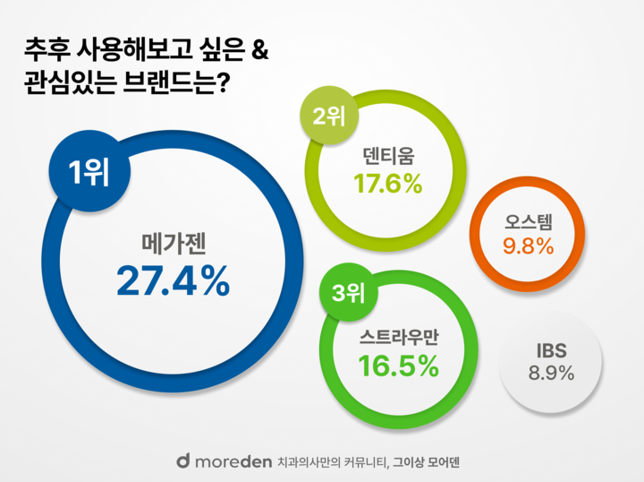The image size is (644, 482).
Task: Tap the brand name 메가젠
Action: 173,243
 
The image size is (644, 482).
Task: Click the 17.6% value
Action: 388,184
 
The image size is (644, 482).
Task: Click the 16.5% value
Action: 398,366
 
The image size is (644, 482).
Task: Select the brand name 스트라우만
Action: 398,337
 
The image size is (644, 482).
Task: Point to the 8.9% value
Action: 551,373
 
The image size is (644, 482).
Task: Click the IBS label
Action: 551,349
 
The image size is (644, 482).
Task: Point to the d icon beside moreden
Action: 182,460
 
